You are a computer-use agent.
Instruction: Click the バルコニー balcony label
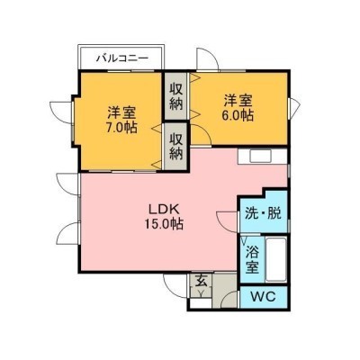(x=121, y=58)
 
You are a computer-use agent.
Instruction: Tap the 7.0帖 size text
(x=121, y=128)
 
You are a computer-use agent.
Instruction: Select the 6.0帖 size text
(x=238, y=115)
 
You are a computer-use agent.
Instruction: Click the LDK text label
(x=164, y=209)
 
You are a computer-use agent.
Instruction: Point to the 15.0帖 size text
(x=164, y=223)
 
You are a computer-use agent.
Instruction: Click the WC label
(x=264, y=297)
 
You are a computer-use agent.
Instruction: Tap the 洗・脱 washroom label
(x=263, y=213)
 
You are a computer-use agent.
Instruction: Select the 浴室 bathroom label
(x=252, y=259)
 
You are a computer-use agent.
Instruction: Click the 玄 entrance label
(x=202, y=281)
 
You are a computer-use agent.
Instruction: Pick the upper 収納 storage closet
(x=176, y=96)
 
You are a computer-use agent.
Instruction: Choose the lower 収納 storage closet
(x=176, y=146)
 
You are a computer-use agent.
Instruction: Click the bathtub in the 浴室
(x=276, y=259)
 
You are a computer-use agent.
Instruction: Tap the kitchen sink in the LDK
(x=261, y=156)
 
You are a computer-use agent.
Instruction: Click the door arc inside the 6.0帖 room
(x=205, y=132)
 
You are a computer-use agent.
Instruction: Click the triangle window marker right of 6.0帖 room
(x=294, y=107)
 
